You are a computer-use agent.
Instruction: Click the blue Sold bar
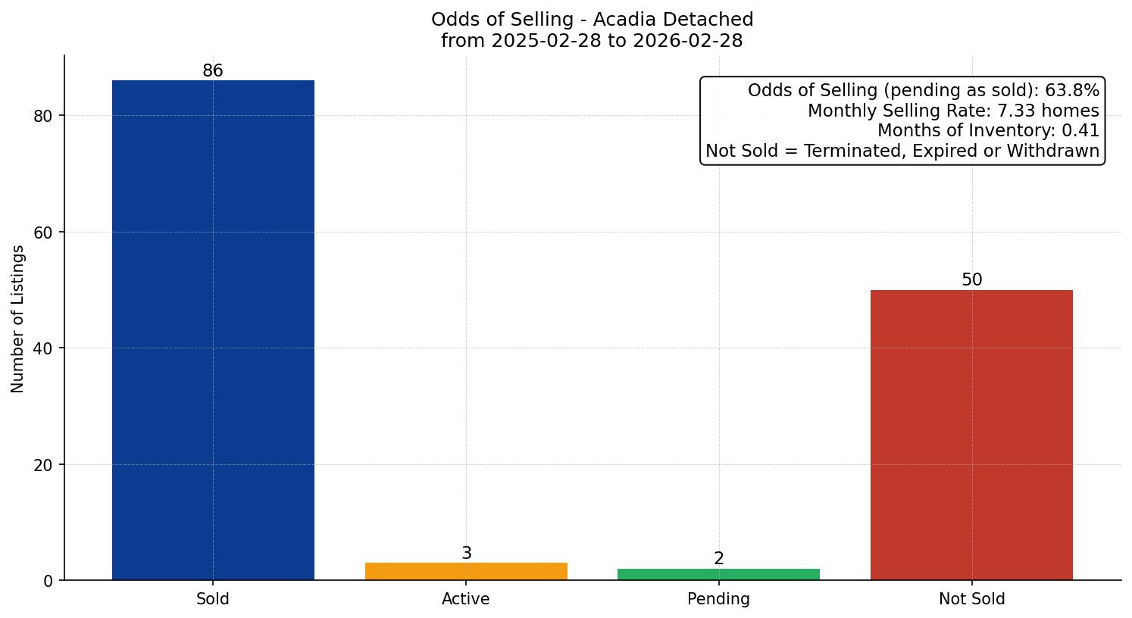click(213, 329)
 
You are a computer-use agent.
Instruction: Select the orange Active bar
click(466, 571)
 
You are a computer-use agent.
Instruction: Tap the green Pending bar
click(718, 574)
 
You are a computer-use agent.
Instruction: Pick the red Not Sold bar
click(971, 435)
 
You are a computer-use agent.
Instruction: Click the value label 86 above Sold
click(213, 71)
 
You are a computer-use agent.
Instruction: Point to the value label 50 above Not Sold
click(971, 280)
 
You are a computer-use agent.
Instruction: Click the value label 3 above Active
click(466, 554)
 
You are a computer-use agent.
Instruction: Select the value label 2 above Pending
click(718, 559)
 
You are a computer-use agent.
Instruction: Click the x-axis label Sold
click(213, 599)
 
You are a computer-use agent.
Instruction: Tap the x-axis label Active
click(466, 599)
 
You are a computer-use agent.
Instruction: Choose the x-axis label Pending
click(718, 599)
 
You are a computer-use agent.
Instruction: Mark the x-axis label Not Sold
click(971, 599)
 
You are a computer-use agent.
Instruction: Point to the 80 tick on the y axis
click(43, 116)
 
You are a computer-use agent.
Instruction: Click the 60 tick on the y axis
click(43, 233)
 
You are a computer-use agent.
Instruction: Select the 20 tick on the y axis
click(43, 465)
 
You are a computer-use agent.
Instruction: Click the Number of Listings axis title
click(18, 319)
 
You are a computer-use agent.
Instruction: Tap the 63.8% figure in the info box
click(1071, 91)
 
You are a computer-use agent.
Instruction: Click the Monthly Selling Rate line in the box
click(952, 111)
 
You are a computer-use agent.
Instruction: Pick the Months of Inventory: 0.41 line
click(987, 131)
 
